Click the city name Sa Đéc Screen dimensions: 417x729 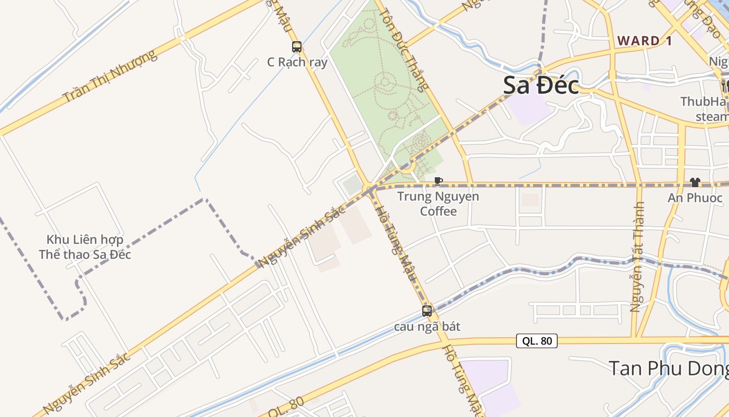tap(541, 86)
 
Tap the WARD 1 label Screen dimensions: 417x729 tap(644, 41)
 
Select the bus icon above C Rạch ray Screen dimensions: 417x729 tap(297, 47)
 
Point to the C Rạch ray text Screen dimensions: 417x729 tap(297, 63)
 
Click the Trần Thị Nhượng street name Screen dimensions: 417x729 tap(109, 76)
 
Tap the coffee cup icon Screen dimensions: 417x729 tap(438, 181)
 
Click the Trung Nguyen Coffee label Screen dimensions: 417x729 tap(438, 204)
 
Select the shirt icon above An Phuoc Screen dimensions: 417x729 tap(695, 182)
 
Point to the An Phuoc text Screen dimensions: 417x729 tap(695, 198)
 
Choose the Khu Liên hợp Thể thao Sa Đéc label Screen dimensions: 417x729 tap(85, 247)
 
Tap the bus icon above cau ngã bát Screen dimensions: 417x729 tap(427, 311)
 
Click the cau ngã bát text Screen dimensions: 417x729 tap(427, 327)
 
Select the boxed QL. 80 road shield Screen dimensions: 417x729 tap(537, 341)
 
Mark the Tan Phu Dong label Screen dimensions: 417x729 tap(669, 368)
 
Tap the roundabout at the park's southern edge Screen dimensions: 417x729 tap(407, 167)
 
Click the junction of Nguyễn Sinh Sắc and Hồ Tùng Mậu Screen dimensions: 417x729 tap(370, 188)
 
